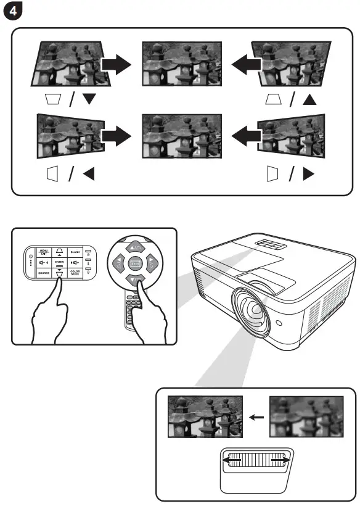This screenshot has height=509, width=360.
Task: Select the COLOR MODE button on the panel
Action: [x=75, y=272]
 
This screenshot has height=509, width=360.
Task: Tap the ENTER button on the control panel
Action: [x=59, y=263]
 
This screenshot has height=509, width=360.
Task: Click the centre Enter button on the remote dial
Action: [x=134, y=263]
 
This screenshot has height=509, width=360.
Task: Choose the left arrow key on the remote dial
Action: [x=117, y=264]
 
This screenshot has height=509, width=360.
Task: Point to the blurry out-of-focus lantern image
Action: [x=306, y=417]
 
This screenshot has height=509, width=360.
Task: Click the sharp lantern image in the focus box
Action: [x=205, y=417]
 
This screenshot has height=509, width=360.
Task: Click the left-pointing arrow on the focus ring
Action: [x=231, y=461]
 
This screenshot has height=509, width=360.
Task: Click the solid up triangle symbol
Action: [x=309, y=99]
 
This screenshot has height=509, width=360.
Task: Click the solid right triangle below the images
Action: [x=309, y=175]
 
